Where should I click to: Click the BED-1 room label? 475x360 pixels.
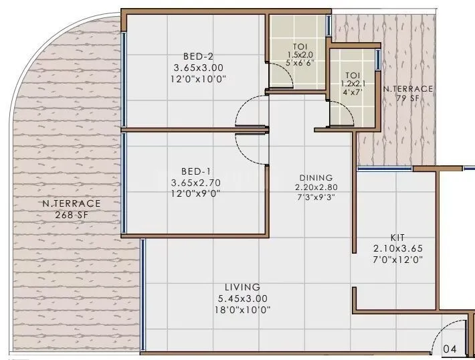pyautogui.click(x=197, y=171)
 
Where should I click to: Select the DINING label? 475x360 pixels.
pyautogui.click(x=316, y=178)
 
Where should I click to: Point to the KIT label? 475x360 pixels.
pyautogui.click(x=397, y=238)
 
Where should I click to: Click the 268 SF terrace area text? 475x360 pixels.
pyautogui.click(x=72, y=215)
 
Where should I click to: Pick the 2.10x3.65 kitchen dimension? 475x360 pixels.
pyautogui.click(x=397, y=248)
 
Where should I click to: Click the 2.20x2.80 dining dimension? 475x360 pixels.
pyautogui.click(x=316, y=187)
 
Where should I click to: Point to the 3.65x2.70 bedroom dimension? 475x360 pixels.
pyautogui.click(x=197, y=181)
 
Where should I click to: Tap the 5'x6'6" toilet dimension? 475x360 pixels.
pyautogui.click(x=300, y=63)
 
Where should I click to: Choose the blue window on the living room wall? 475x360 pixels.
pyautogui.click(x=142, y=295)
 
